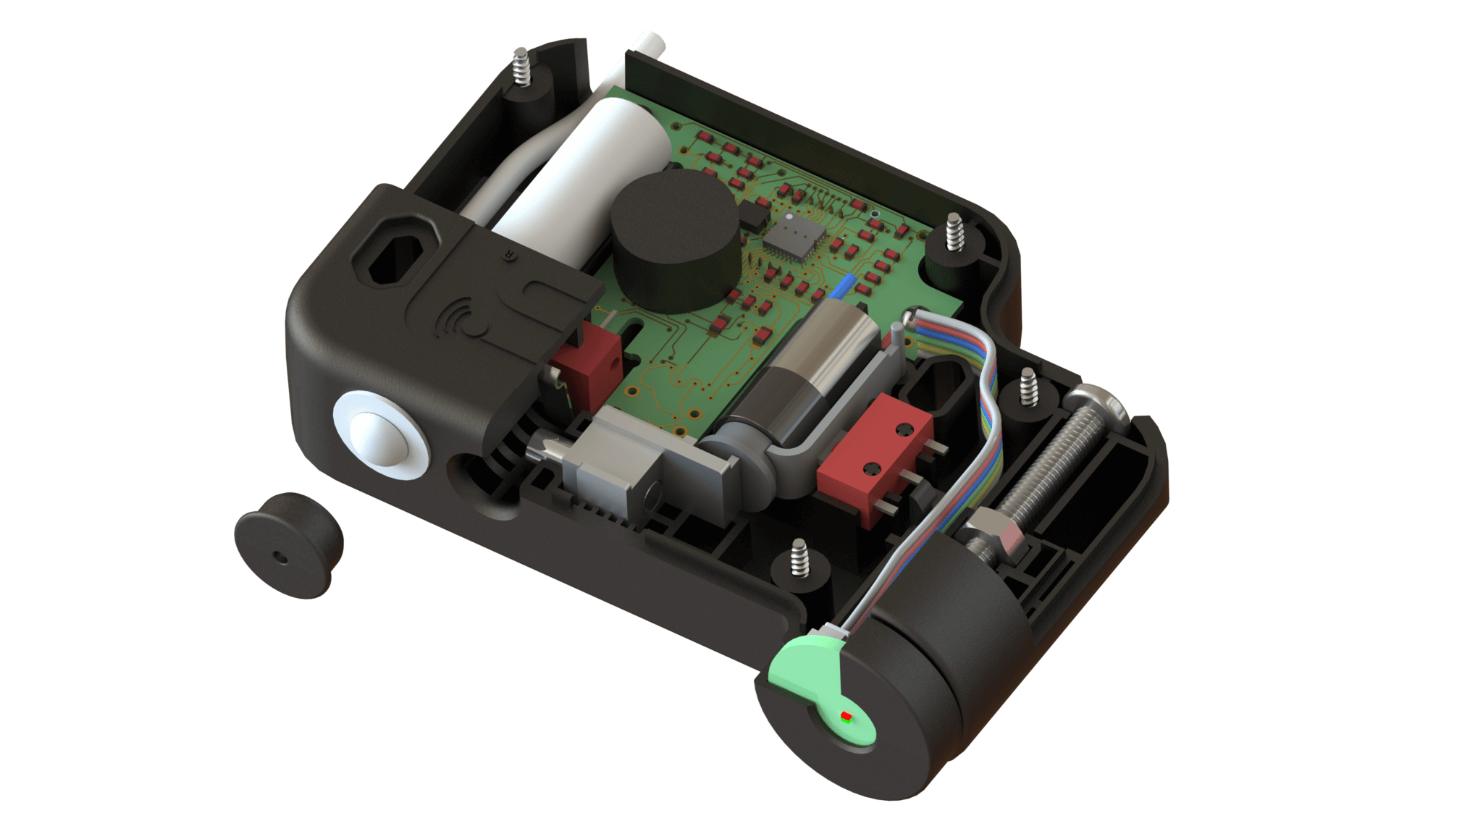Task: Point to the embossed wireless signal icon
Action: tap(464, 319)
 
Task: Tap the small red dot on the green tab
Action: tap(845, 717)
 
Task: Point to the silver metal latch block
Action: tap(612, 463)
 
